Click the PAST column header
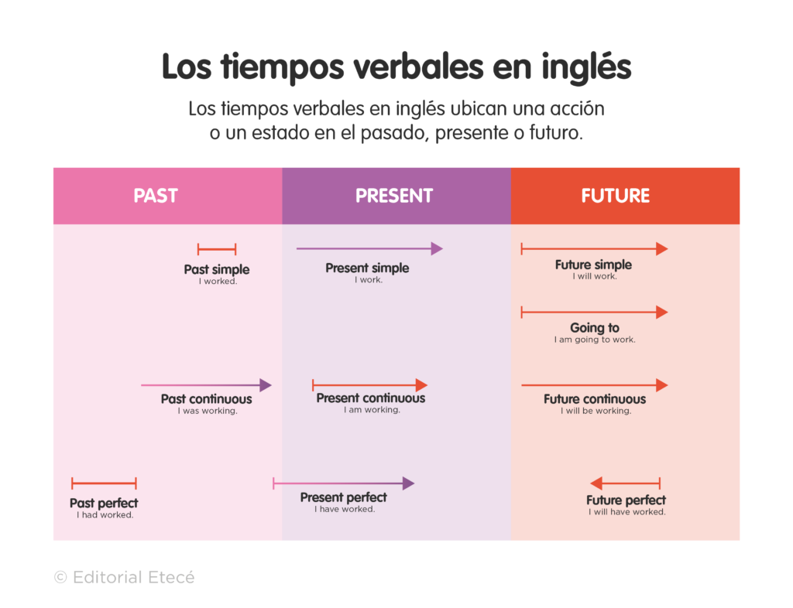tap(156, 196)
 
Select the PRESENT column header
tap(394, 196)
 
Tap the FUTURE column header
tap(616, 196)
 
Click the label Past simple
tap(217, 269)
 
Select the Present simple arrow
tap(369, 248)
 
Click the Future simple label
tap(593, 265)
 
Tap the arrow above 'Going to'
tap(594, 312)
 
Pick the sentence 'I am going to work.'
tap(595, 340)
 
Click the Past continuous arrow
tap(206, 384)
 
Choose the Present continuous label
tap(371, 398)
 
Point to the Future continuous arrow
tap(594, 384)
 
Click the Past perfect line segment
tap(104, 483)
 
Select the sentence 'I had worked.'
tap(105, 515)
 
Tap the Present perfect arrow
tap(343, 483)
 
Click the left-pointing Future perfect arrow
tap(625, 483)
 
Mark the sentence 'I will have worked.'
tap(627, 512)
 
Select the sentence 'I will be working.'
tap(596, 411)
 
